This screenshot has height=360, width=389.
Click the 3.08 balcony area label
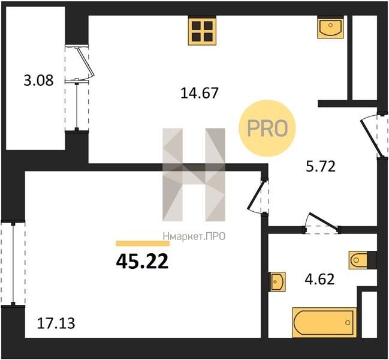click(38, 80)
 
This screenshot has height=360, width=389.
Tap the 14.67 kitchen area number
click(200, 93)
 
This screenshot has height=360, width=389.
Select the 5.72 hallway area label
click(321, 166)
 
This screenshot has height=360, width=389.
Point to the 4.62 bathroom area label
click(319, 279)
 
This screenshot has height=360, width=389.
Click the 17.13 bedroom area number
click(56, 323)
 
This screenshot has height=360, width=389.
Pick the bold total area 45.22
click(142, 262)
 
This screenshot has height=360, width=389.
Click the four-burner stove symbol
click(202, 31)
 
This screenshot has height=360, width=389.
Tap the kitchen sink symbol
click(330, 27)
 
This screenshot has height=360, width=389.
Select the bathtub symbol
click(324, 323)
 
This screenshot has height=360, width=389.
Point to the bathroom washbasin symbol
click(278, 281)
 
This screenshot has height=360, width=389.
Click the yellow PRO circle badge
click(267, 128)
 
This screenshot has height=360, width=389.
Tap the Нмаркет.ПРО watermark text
click(194, 236)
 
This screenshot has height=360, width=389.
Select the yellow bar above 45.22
click(143, 244)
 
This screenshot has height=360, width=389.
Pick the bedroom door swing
click(257, 196)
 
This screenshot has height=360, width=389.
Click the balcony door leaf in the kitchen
click(85, 61)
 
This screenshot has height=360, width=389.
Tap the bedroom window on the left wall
click(13, 263)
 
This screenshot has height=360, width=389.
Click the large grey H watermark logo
click(194, 175)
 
